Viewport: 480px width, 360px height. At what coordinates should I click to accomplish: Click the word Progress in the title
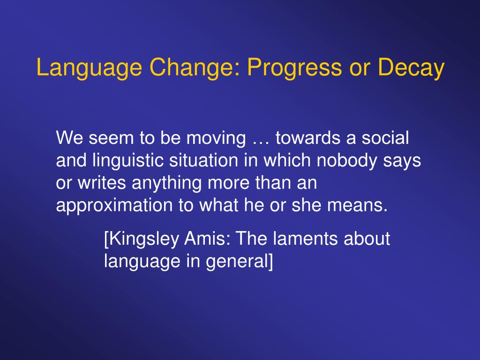tap(294, 68)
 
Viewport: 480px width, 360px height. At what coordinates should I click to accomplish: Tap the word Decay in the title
tap(411, 68)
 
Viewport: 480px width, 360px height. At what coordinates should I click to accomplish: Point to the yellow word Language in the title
tap(90, 68)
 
